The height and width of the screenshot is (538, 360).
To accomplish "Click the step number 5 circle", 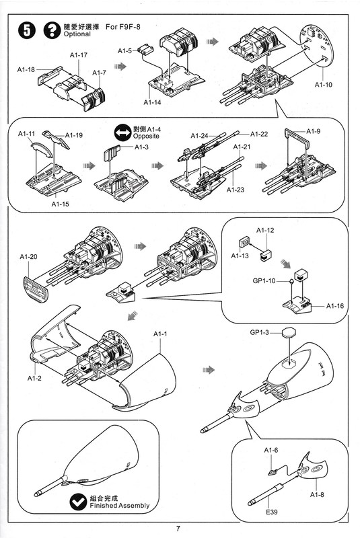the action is [27, 30].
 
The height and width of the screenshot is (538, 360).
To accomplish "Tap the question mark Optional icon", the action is [52, 30].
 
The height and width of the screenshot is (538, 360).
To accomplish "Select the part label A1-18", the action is [26, 70].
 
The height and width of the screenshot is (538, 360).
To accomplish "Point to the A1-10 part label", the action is [324, 85].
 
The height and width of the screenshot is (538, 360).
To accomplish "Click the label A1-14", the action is [152, 102].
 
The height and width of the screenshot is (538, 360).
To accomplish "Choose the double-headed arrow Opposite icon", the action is [123, 133].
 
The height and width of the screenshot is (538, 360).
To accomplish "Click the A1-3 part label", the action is [142, 147].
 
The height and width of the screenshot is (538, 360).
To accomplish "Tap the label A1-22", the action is [259, 134].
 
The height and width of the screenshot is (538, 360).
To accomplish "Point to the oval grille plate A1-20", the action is [36, 289].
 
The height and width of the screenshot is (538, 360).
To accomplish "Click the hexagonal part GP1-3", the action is [289, 332].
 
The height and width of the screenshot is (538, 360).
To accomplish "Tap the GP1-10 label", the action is [264, 281].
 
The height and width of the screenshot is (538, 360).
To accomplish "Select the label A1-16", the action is [335, 306].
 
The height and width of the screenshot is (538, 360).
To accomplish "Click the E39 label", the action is [271, 512].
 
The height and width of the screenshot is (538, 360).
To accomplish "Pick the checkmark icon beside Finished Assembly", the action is [78, 502].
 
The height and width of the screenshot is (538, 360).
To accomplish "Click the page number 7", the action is [178, 529].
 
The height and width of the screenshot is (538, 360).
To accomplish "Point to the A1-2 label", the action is [34, 378].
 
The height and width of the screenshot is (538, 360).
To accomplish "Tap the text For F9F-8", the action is [123, 27].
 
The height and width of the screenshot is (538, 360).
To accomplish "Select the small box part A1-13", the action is [244, 242].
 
